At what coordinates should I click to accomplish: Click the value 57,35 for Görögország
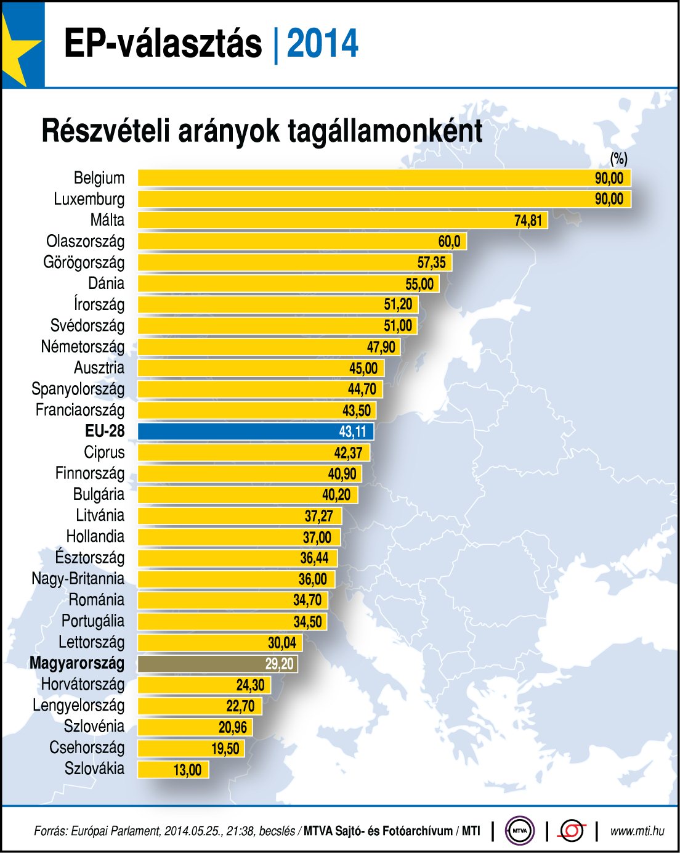[x=431, y=263]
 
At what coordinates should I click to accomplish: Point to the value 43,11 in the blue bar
[x=353, y=431]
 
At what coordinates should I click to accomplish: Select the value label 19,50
[x=225, y=748]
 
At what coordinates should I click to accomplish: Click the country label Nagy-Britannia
[x=78, y=579]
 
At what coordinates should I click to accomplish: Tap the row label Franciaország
[x=79, y=410]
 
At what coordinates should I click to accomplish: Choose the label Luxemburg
[x=89, y=199]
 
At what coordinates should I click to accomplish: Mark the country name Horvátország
[x=83, y=684]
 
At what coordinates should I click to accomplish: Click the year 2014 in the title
[x=322, y=44]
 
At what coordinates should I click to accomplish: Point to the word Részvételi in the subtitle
[x=105, y=131]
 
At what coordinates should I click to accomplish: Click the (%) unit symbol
[x=618, y=159]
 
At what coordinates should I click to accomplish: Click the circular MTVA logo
[x=520, y=831]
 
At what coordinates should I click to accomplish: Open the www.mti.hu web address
[x=637, y=831]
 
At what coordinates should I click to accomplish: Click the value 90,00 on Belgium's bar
[x=609, y=178]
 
